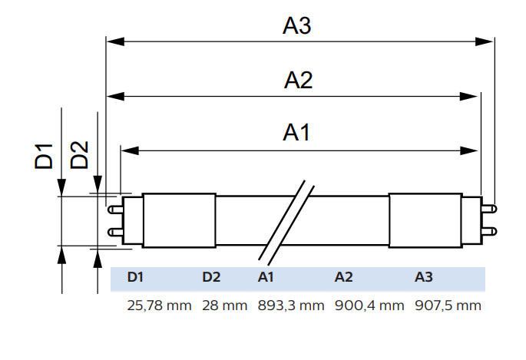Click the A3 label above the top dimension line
297,25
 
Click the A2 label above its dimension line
298,81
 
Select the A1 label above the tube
296,132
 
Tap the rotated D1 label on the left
44,156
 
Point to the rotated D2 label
79,155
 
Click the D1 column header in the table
135,277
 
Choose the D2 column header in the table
211,277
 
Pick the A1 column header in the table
266,277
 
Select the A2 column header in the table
343,277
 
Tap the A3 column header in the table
424,277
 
